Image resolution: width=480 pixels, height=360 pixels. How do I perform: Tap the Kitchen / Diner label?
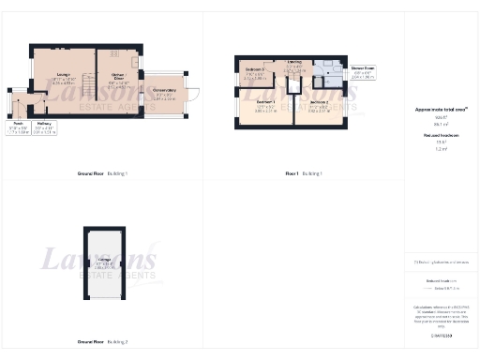tap(118, 83)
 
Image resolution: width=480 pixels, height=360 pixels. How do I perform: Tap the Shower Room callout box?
tap(363, 73)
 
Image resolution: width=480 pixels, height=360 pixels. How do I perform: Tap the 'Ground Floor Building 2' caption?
tap(102, 342)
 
